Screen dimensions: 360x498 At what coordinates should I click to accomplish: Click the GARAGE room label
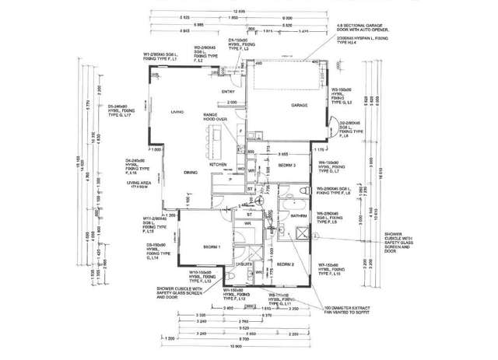click(300, 105)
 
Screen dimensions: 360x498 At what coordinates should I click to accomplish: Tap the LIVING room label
click(177, 114)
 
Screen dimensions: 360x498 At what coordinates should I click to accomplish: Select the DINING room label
click(191, 172)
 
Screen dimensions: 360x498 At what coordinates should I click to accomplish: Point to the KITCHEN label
click(217, 165)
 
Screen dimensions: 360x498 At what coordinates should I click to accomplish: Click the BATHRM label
click(298, 215)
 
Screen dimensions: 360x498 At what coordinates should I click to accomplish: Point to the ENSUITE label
click(244, 264)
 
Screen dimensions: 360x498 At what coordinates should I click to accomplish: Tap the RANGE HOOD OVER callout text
click(215, 117)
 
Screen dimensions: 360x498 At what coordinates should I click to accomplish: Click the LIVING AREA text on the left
click(138, 184)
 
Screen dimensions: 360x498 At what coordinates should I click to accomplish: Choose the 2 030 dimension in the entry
click(231, 102)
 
